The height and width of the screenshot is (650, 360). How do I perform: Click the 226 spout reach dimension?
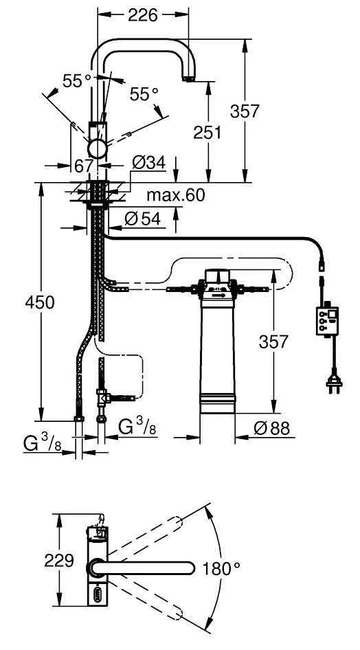(143, 14)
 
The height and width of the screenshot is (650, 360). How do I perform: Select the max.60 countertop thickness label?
(175, 195)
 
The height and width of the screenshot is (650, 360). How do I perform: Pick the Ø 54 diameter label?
(143, 219)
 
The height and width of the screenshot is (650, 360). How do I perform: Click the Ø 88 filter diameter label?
(271, 428)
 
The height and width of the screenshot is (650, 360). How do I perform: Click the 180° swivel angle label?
(221, 568)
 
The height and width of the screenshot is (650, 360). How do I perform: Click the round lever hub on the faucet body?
(97, 148)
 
